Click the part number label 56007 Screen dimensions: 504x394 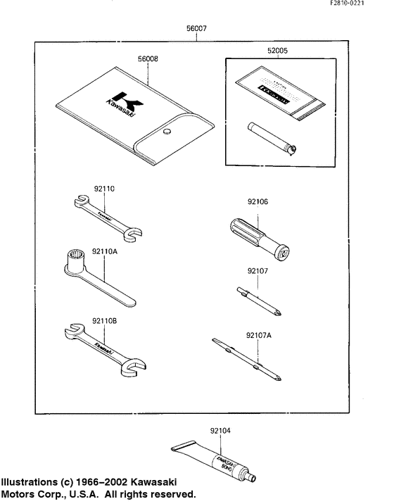[196, 30]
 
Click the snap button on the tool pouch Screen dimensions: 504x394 [167, 132]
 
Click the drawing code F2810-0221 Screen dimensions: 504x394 [366, 5]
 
